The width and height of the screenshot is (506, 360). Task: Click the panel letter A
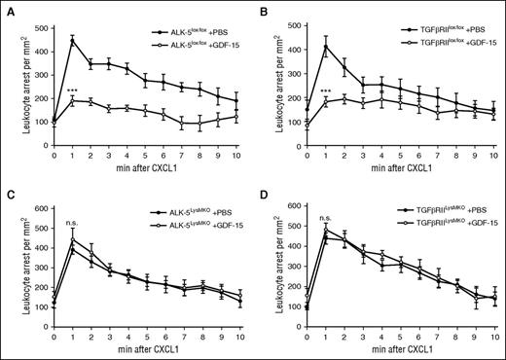click(x=7, y=8)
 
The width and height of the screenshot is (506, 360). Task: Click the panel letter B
click(x=260, y=8)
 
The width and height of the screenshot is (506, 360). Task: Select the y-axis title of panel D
click(x=270, y=263)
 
